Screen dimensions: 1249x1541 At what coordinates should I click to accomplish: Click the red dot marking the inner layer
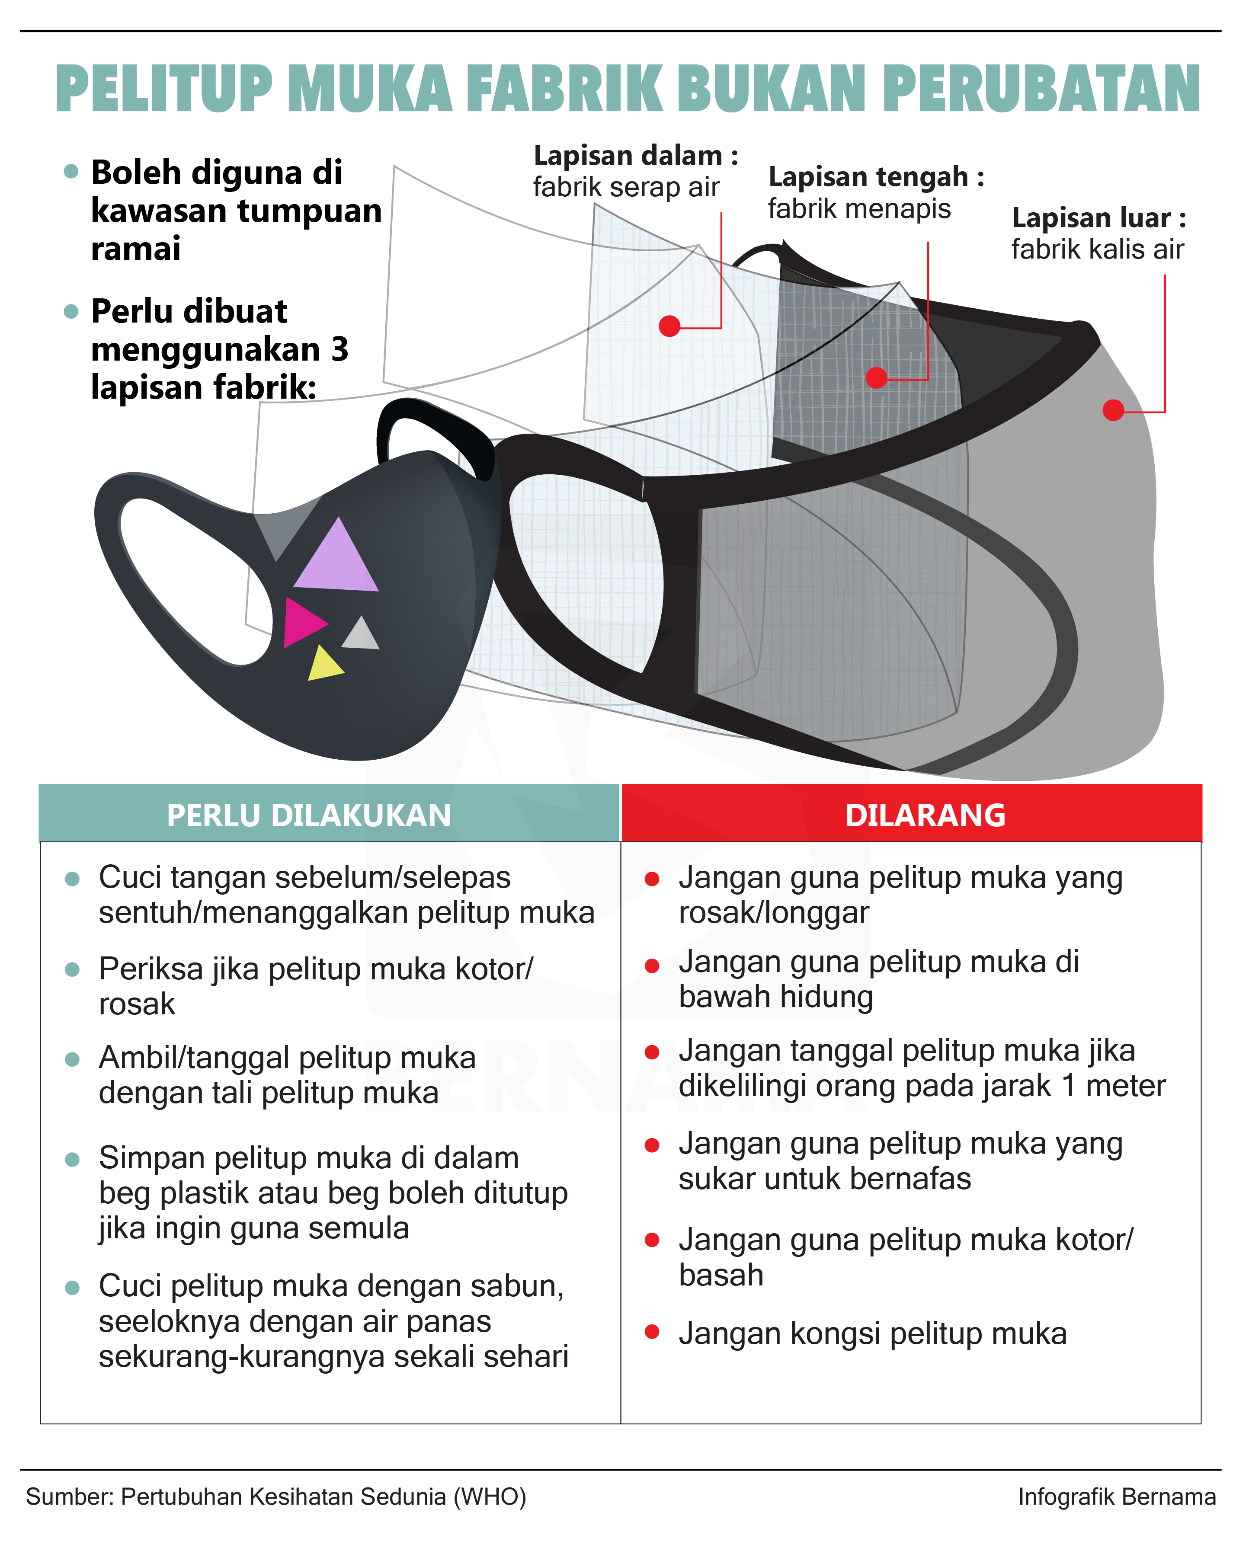click(x=669, y=326)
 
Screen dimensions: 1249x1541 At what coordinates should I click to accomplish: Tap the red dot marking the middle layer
click(x=876, y=377)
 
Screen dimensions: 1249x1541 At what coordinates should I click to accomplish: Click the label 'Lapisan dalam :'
click(x=635, y=155)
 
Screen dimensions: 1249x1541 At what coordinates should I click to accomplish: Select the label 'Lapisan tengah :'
click(x=876, y=176)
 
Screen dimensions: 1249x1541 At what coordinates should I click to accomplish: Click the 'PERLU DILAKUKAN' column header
click(x=309, y=815)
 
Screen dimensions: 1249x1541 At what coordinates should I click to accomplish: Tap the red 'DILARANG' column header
click(x=925, y=815)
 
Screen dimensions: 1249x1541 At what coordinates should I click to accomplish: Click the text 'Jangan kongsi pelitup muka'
click(x=872, y=1333)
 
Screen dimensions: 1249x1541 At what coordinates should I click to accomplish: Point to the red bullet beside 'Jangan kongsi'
click(x=652, y=1332)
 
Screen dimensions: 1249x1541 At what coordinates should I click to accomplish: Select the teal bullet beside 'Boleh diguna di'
click(x=70, y=171)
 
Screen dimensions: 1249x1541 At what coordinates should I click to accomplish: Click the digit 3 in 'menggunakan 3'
click(x=339, y=350)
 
